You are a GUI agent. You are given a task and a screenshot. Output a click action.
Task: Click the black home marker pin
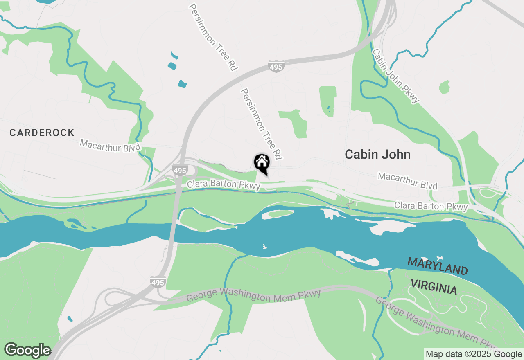tap(262, 163)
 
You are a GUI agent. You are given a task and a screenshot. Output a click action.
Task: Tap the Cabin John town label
tap(377, 154)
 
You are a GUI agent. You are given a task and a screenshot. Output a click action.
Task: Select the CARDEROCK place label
tap(42, 133)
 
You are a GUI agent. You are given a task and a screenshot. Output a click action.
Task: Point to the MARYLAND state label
tap(437, 266)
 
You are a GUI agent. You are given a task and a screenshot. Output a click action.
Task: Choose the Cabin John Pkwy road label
tap(396, 76)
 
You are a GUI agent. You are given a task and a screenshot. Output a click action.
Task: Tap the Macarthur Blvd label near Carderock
tap(110, 145)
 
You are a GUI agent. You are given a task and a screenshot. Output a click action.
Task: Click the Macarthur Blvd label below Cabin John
tap(407, 181)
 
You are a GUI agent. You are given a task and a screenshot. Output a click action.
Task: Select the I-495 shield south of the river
tap(158, 282)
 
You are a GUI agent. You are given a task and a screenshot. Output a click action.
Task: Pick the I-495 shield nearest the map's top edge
tap(276, 67)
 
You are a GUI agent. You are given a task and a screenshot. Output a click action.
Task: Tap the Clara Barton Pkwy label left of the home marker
tap(224, 185)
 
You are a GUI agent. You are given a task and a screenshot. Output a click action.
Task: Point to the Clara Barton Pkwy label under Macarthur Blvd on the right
tap(431, 206)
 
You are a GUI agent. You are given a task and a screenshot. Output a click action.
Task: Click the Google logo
tap(27, 350)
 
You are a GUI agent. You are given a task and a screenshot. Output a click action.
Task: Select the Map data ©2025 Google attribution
tap(474, 354)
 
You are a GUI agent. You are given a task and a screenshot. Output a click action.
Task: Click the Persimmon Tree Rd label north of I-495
tap(213, 38)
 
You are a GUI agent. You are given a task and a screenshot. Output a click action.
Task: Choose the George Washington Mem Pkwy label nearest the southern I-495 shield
tap(253, 295)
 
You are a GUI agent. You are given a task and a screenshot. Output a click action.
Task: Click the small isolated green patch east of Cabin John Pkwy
tap(444, 87)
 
